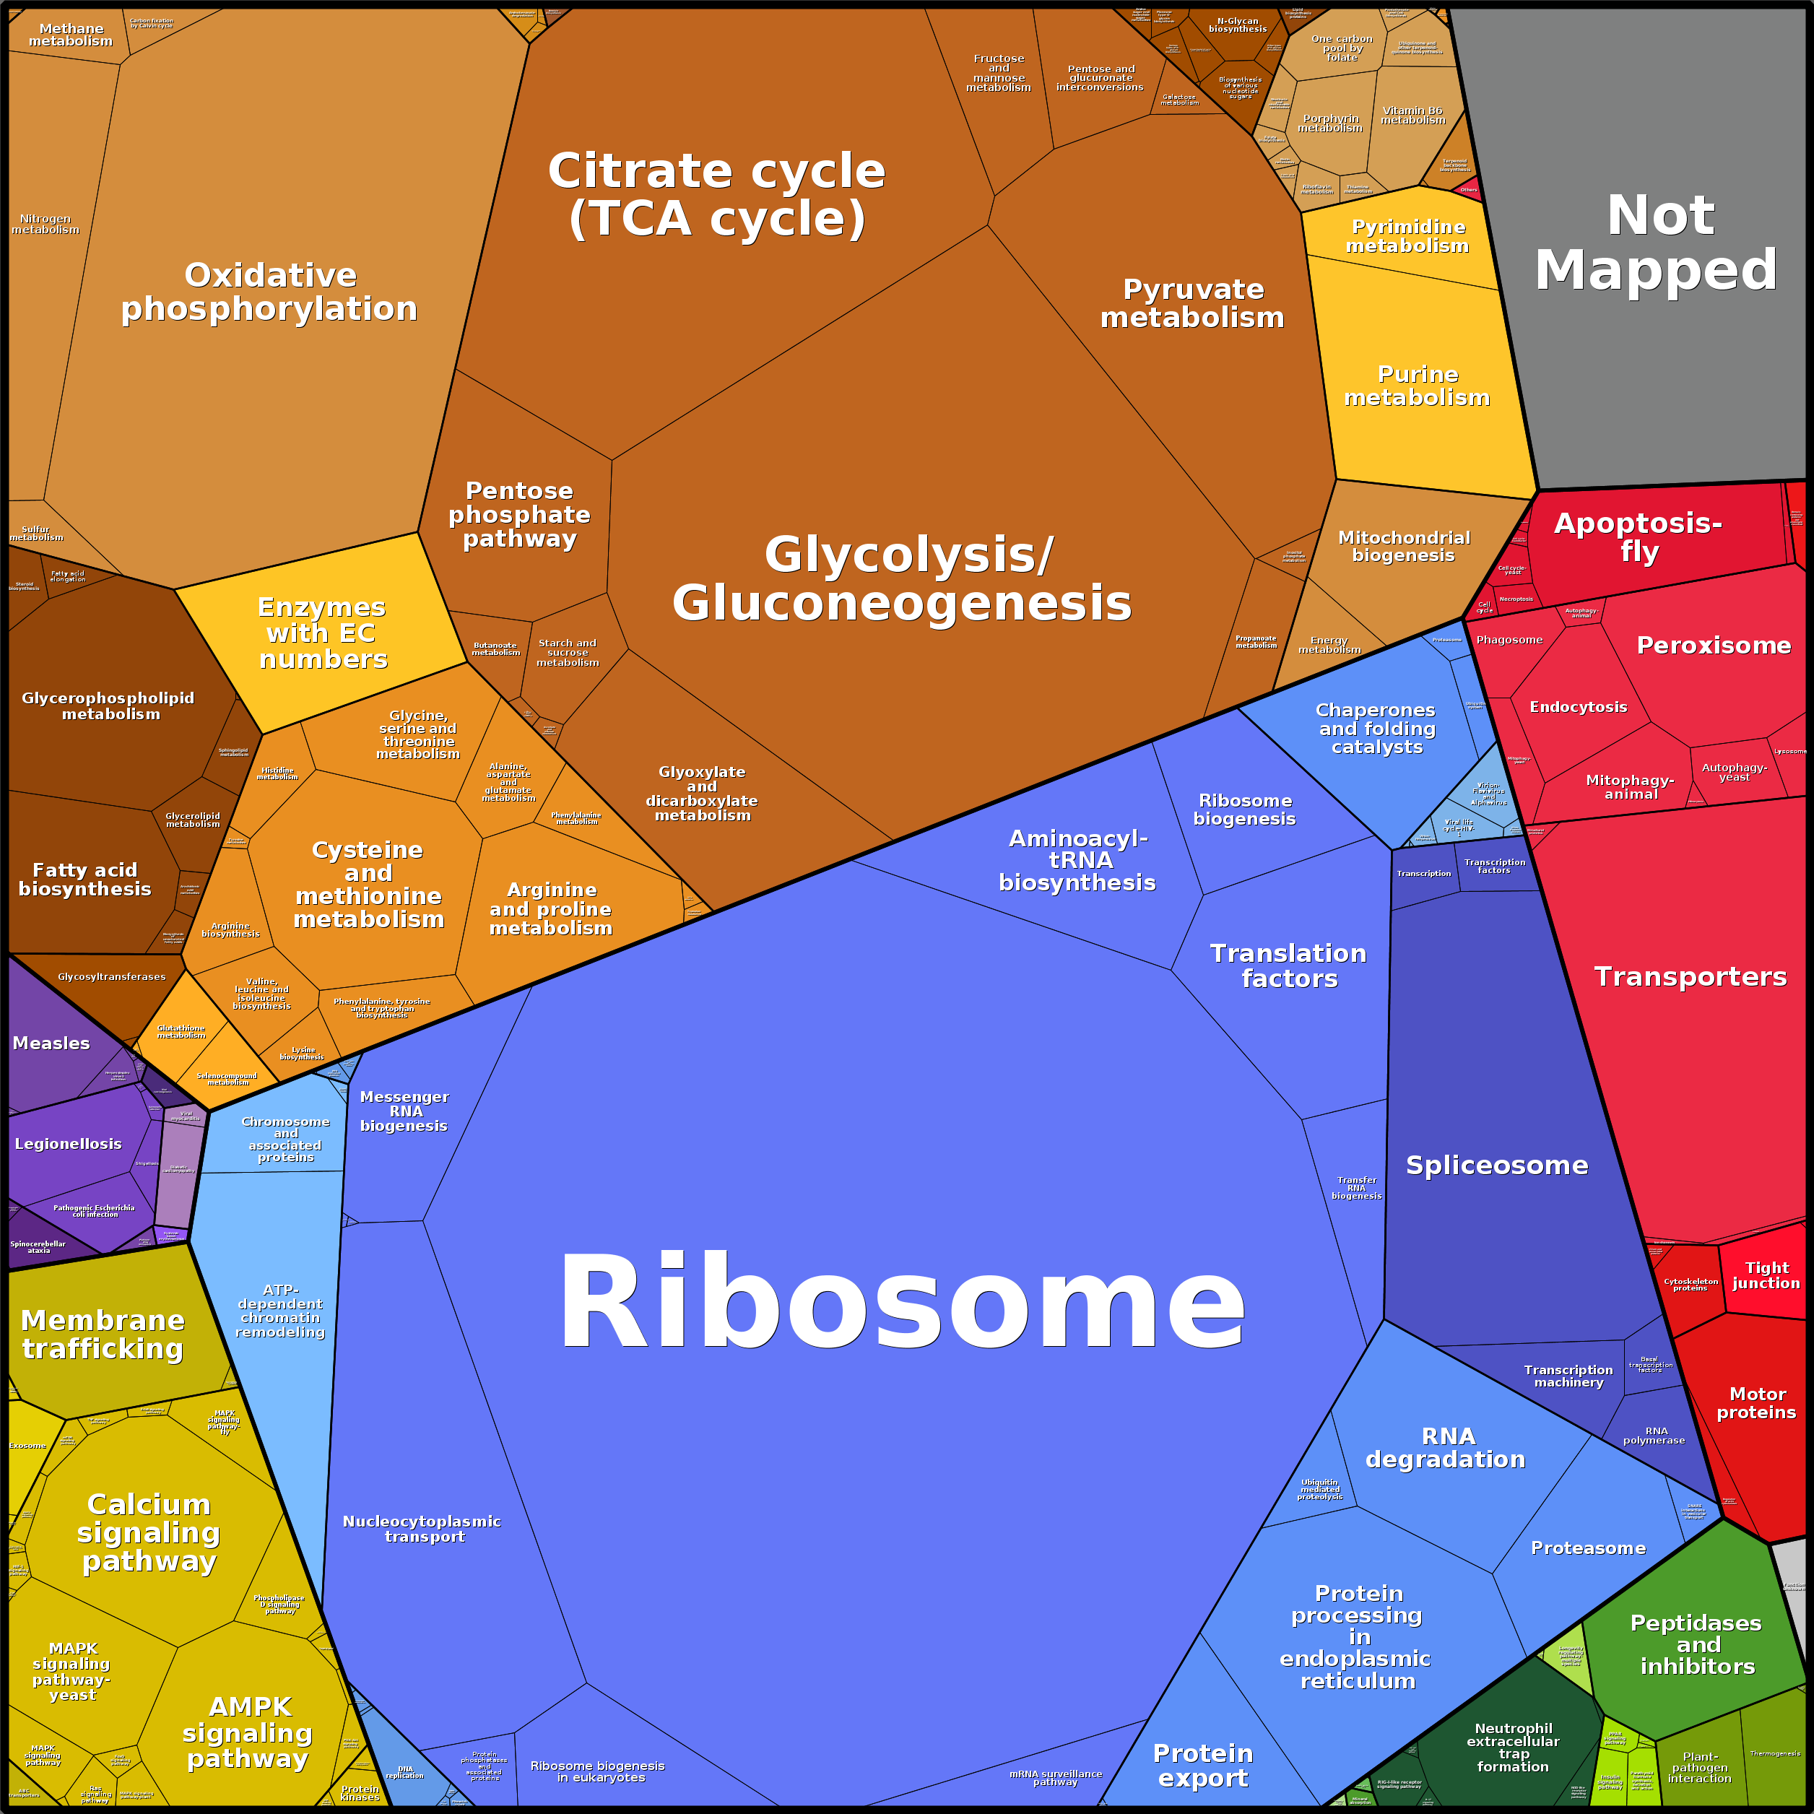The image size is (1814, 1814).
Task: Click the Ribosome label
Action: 901,1303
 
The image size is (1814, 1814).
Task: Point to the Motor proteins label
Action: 1756,1403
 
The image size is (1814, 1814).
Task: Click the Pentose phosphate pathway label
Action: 519,515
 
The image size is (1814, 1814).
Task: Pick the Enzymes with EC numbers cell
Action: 322,633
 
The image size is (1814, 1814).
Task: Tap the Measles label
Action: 52,1043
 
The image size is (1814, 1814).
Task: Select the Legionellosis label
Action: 69,1144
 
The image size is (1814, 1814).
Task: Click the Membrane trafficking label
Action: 103,1335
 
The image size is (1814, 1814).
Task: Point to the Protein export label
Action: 1203,1765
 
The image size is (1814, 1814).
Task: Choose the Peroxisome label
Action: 1714,645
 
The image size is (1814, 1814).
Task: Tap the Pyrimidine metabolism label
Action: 1407,235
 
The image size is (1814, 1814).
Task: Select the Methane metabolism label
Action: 71,35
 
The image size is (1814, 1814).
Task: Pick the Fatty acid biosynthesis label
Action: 84,880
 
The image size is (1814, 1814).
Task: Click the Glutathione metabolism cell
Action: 181,1032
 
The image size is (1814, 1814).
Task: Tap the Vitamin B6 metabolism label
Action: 1413,116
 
